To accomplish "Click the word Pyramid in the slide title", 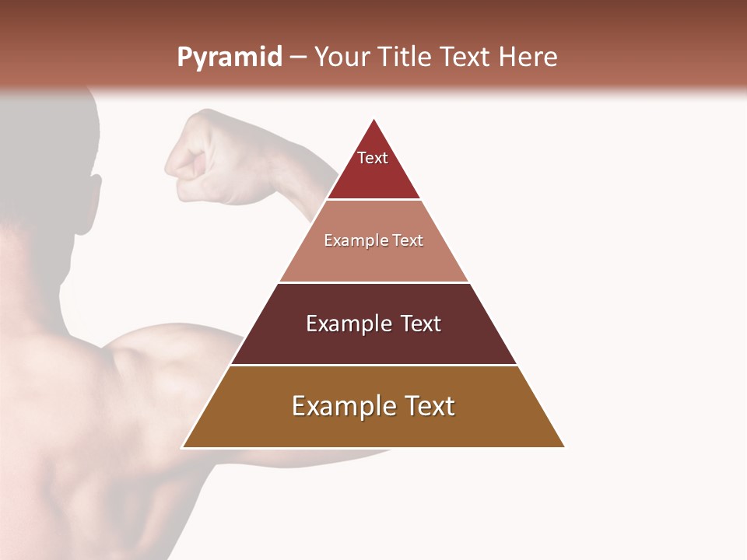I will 229,58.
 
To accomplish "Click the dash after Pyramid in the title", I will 298,58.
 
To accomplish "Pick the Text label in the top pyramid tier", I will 373,158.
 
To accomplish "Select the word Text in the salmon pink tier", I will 409,240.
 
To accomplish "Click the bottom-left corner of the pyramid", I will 183,447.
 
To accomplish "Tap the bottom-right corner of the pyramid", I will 564,447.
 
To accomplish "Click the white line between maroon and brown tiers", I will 373,365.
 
